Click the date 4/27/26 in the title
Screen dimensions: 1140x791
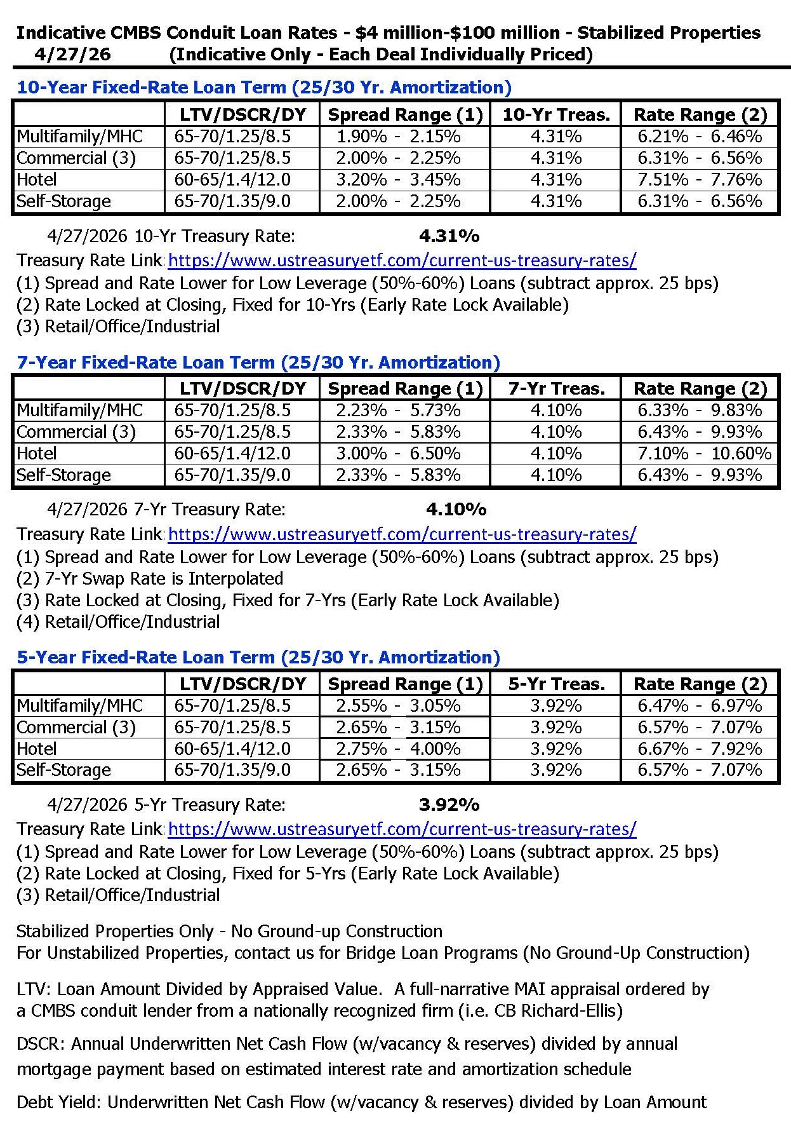72,54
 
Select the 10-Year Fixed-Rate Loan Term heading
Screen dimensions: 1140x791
264,87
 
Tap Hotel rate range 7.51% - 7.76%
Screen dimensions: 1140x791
700,180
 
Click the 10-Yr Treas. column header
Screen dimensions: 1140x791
556,115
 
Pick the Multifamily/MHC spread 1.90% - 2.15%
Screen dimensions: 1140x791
398,137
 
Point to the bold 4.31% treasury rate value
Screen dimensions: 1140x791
449,236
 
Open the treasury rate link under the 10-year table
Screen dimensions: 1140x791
402,261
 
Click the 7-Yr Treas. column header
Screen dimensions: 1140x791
556,389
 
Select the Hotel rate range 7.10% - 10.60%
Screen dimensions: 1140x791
704,454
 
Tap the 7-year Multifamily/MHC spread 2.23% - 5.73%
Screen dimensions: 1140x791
398,411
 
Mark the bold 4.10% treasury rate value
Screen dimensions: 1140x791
456,510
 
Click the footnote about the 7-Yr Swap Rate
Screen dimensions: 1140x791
150,579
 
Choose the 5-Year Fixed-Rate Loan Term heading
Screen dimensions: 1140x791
258,657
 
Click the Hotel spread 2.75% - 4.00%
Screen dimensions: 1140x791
398,749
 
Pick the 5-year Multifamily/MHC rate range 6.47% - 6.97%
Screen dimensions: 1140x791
700,706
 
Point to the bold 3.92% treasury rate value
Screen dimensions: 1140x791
449,805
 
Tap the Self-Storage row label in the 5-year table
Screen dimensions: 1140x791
63,770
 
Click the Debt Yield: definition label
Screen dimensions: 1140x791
58,1102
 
